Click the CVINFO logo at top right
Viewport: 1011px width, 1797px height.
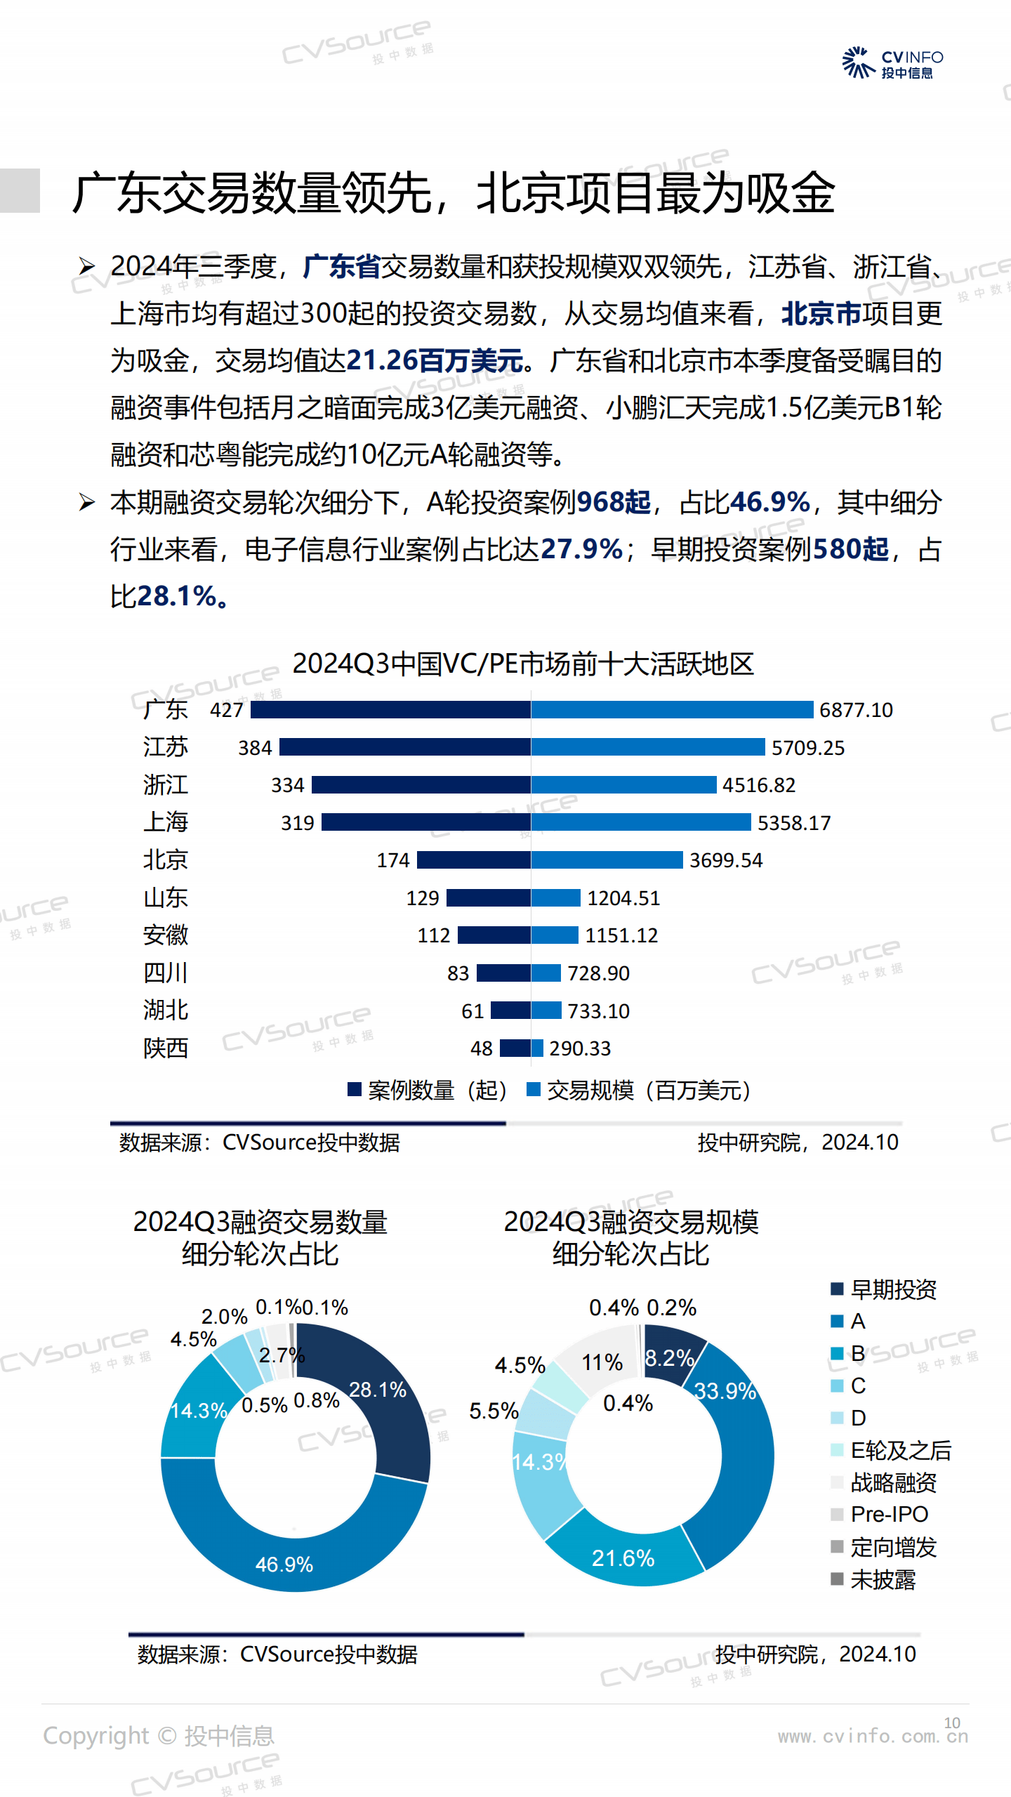click(x=892, y=63)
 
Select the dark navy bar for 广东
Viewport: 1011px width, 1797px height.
click(x=390, y=710)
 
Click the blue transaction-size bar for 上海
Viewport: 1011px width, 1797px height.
click(x=640, y=822)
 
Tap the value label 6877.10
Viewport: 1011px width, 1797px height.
click(x=856, y=710)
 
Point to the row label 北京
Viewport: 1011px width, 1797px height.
click(x=166, y=860)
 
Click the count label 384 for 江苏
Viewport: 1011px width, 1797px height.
click(x=255, y=748)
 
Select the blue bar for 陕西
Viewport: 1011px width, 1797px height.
click(x=537, y=1048)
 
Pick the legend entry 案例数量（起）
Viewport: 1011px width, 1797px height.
click(x=428, y=1091)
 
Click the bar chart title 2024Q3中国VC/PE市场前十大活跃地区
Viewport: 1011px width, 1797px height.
click(x=523, y=664)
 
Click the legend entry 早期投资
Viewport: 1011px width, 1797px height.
click(x=893, y=1289)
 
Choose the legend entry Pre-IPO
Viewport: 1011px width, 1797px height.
click(x=889, y=1515)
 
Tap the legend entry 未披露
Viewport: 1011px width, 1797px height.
click(x=883, y=1580)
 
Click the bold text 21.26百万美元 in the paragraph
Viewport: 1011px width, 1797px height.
click(x=435, y=361)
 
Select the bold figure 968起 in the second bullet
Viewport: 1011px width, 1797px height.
click(x=613, y=503)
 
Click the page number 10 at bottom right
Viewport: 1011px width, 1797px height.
click(x=952, y=1723)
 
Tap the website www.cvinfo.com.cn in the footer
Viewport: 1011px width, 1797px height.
click(x=873, y=1737)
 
